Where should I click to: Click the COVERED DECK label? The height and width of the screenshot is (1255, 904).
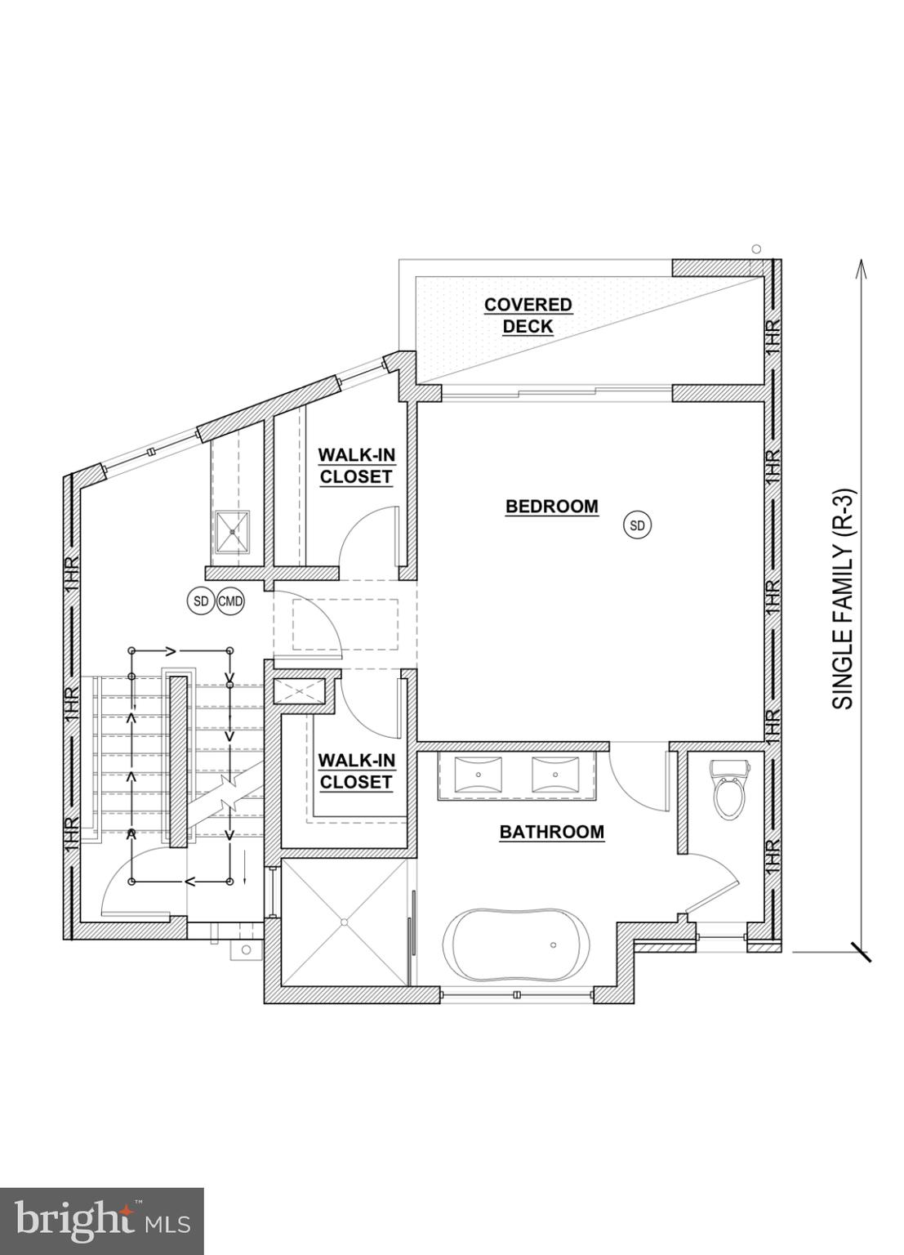point(528,315)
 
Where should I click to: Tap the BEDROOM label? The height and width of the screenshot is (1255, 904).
point(551,507)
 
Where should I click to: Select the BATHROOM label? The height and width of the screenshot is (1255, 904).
point(551,832)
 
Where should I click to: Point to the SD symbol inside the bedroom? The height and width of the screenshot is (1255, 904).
point(638,525)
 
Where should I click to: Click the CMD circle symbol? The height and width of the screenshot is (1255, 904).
point(230,601)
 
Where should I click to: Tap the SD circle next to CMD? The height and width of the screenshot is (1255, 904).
point(201,601)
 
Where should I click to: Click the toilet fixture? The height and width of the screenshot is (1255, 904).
point(728,790)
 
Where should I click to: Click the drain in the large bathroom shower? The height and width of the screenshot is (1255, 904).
point(345,922)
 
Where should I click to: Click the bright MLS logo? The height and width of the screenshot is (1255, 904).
point(101,1221)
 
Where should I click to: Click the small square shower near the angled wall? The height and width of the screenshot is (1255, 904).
point(233,532)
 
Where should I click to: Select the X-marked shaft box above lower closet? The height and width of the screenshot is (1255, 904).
point(300,691)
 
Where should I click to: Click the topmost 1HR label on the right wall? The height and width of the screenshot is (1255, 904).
point(773,336)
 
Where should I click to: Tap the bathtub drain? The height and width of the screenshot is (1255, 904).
point(553,945)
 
